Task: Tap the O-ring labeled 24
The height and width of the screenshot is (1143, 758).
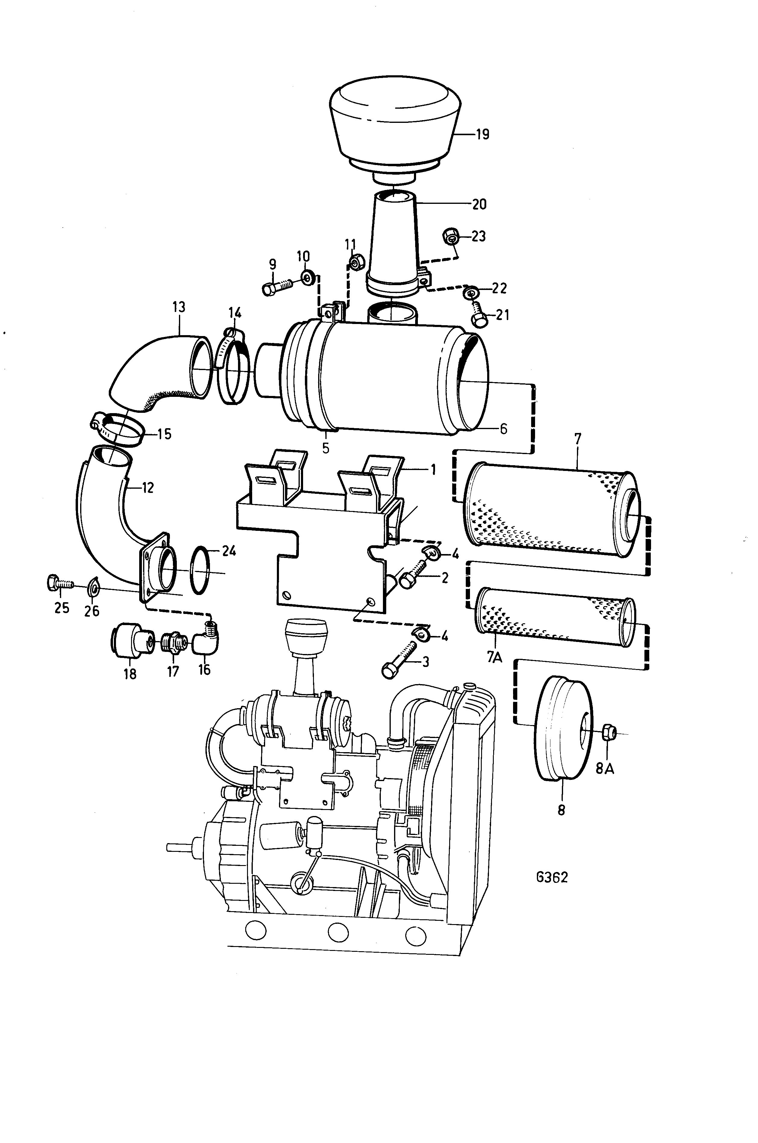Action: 201,570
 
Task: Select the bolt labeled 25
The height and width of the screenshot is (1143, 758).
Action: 59,583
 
